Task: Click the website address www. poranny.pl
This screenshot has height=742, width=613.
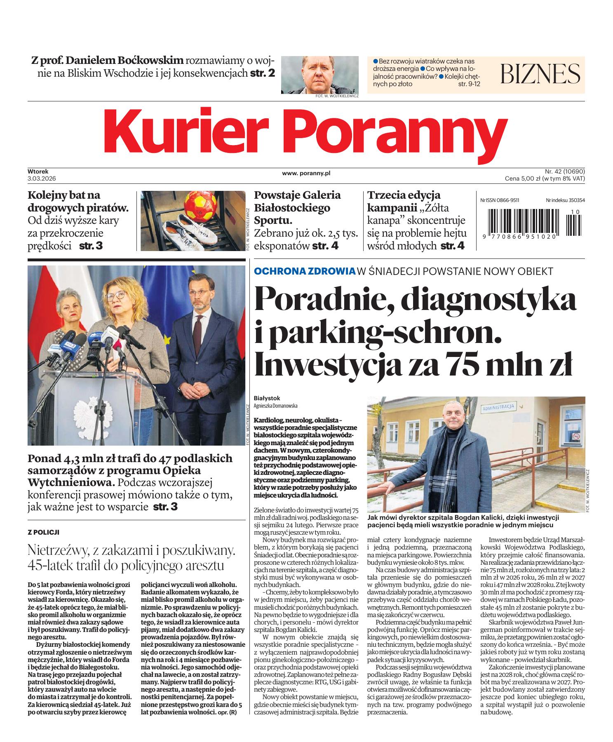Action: (x=306, y=174)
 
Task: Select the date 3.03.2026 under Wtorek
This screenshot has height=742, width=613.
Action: (x=42, y=178)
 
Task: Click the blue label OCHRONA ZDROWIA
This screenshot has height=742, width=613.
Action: (x=305, y=271)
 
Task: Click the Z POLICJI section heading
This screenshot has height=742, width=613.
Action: (x=43, y=532)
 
